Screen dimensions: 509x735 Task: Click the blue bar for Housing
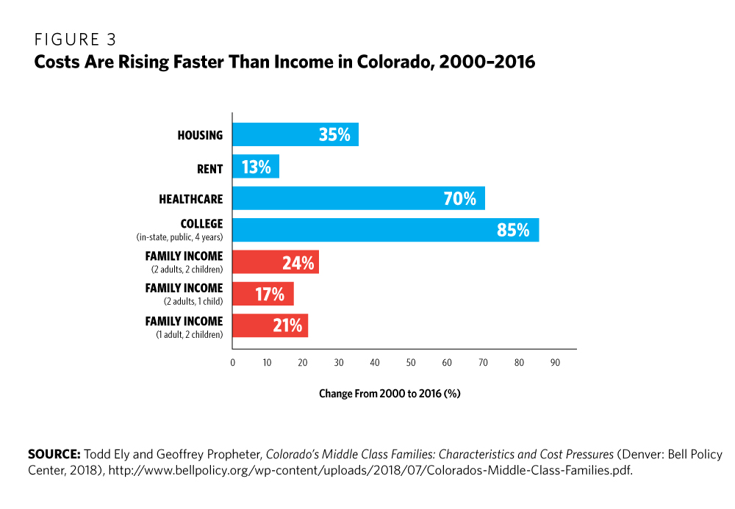(295, 134)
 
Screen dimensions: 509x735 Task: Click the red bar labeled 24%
(275, 262)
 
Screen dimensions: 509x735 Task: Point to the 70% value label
(459, 198)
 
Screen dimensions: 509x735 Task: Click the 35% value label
(334, 134)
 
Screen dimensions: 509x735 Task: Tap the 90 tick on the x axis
(555, 363)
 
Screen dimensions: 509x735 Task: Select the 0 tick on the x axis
(232, 363)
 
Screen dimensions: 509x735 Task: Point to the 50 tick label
(411, 363)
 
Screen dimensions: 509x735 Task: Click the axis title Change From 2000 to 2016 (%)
(389, 394)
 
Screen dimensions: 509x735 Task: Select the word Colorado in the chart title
(390, 63)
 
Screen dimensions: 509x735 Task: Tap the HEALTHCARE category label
(190, 199)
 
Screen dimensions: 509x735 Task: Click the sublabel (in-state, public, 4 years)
(179, 237)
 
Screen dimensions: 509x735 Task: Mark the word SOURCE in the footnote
(54, 455)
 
